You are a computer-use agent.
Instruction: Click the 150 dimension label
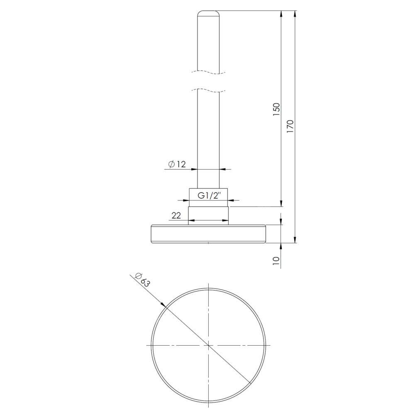pyautogui.click(x=276, y=109)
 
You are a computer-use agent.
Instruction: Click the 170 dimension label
pyautogui.click(x=290, y=127)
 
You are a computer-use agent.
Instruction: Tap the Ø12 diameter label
pyautogui.click(x=177, y=164)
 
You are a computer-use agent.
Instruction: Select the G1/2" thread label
pyautogui.click(x=209, y=196)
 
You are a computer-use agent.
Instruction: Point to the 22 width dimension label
pyautogui.click(x=176, y=216)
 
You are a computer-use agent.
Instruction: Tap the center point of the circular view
pyautogui.click(x=209, y=345)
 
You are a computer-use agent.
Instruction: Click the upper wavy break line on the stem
pyautogui.click(x=208, y=72)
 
